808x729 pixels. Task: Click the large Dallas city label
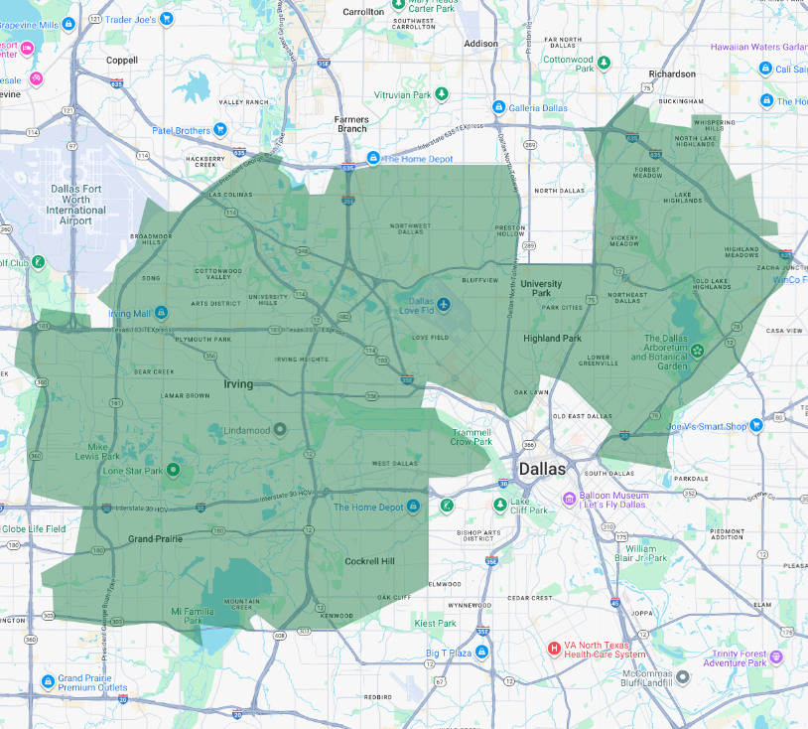[x=541, y=469]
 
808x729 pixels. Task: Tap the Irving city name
[x=237, y=383]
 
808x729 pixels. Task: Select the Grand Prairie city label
[x=156, y=539]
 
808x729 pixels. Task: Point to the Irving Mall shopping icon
[x=161, y=313]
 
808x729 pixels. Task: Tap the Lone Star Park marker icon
[x=173, y=470]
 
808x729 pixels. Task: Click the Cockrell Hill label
[x=369, y=561]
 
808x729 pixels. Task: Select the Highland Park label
[x=552, y=339]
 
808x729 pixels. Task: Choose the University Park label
[x=541, y=288]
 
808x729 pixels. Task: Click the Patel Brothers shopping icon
[x=220, y=130]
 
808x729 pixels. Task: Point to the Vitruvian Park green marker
[x=443, y=94]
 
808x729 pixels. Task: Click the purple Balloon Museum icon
[x=569, y=499]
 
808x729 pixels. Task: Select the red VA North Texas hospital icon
[x=554, y=649]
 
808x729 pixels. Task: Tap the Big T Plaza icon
[x=481, y=652]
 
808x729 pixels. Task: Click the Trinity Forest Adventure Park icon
[x=776, y=656]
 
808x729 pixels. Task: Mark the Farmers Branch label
[x=350, y=123]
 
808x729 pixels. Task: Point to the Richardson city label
[x=672, y=73]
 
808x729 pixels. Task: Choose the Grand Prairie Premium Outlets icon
[x=48, y=681]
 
